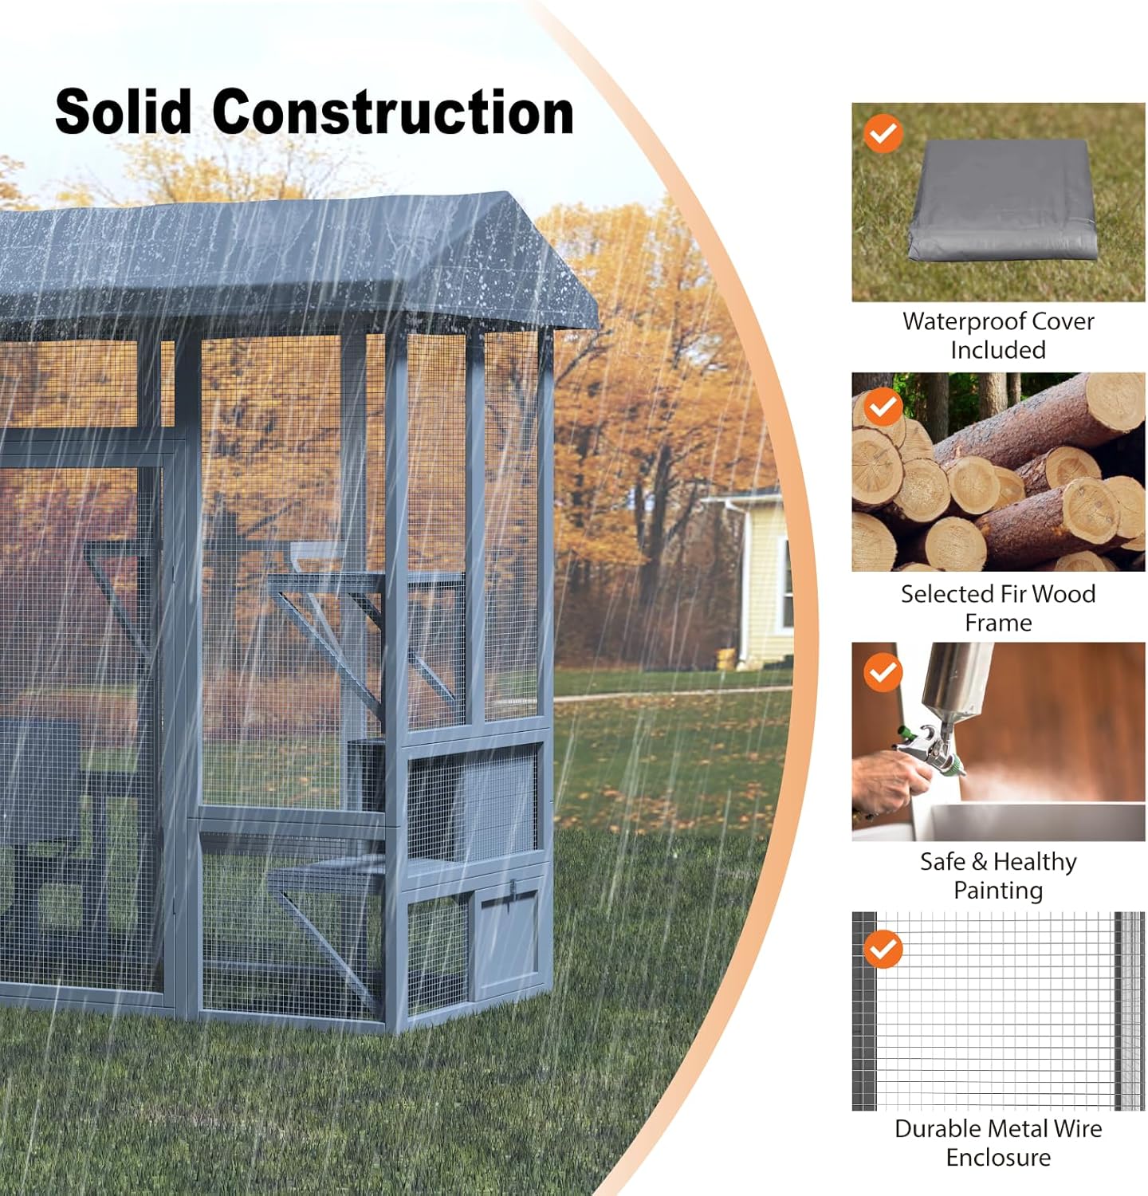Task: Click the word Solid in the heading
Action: pyautogui.click(x=124, y=111)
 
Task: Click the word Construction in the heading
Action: pyautogui.click(x=393, y=111)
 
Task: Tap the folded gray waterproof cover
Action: pyautogui.click(x=1002, y=199)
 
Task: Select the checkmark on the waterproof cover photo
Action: pyautogui.click(x=883, y=134)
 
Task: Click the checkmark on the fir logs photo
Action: pyautogui.click(x=883, y=407)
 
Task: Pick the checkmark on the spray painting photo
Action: pyautogui.click(x=883, y=673)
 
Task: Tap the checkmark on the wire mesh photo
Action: pyautogui.click(x=883, y=949)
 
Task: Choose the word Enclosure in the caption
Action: pyautogui.click(x=998, y=1158)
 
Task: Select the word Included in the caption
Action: pyautogui.click(x=998, y=350)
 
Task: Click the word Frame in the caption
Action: pyautogui.click(x=998, y=623)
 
